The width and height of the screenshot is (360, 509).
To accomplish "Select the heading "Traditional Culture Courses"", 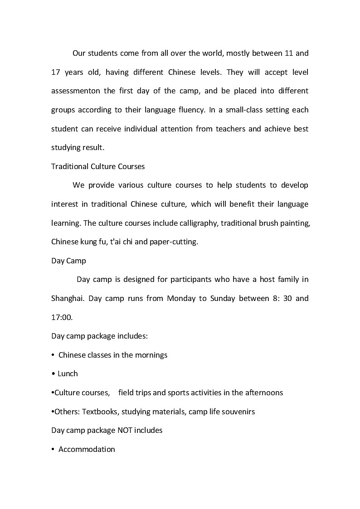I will (x=98, y=166).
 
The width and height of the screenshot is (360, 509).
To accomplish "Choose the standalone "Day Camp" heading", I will (x=68, y=261).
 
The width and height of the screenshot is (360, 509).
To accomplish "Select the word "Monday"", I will (x=181, y=299).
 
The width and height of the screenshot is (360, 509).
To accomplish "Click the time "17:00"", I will (x=62, y=317).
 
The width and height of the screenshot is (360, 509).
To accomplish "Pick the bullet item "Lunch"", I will (x=68, y=373).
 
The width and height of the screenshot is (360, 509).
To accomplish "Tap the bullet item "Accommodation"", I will (x=87, y=449).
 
